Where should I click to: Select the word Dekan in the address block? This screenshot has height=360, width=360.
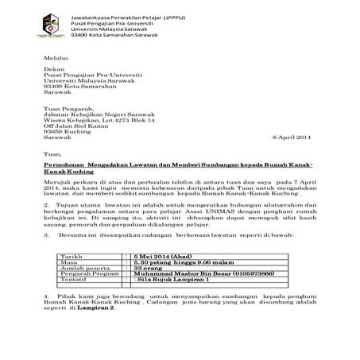[53, 70]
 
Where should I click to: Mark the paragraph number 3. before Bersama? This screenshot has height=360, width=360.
[47, 235]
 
